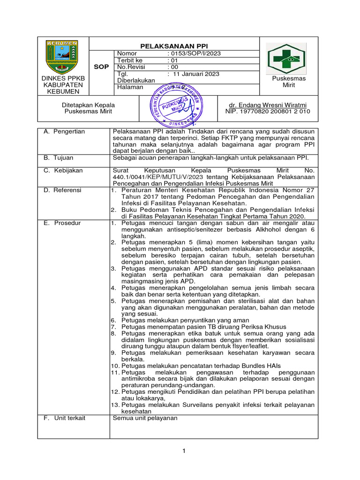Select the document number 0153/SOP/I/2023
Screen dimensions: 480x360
(x=194, y=53)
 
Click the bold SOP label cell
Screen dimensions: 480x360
(x=101, y=67)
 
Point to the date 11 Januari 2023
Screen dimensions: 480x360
(x=196, y=74)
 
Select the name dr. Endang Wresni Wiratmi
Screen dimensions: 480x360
(x=267, y=105)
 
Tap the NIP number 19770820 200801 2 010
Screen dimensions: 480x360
(x=267, y=112)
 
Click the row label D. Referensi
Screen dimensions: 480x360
(x=62, y=190)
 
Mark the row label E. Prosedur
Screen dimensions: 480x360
(x=62, y=223)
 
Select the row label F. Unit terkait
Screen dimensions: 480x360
(x=65, y=418)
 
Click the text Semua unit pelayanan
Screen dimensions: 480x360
(x=145, y=418)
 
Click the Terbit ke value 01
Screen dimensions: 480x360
(x=172, y=60)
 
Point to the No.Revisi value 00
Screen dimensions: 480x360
(x=172, y=67)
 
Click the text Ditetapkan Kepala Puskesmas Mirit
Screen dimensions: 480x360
(x=89, y=108)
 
